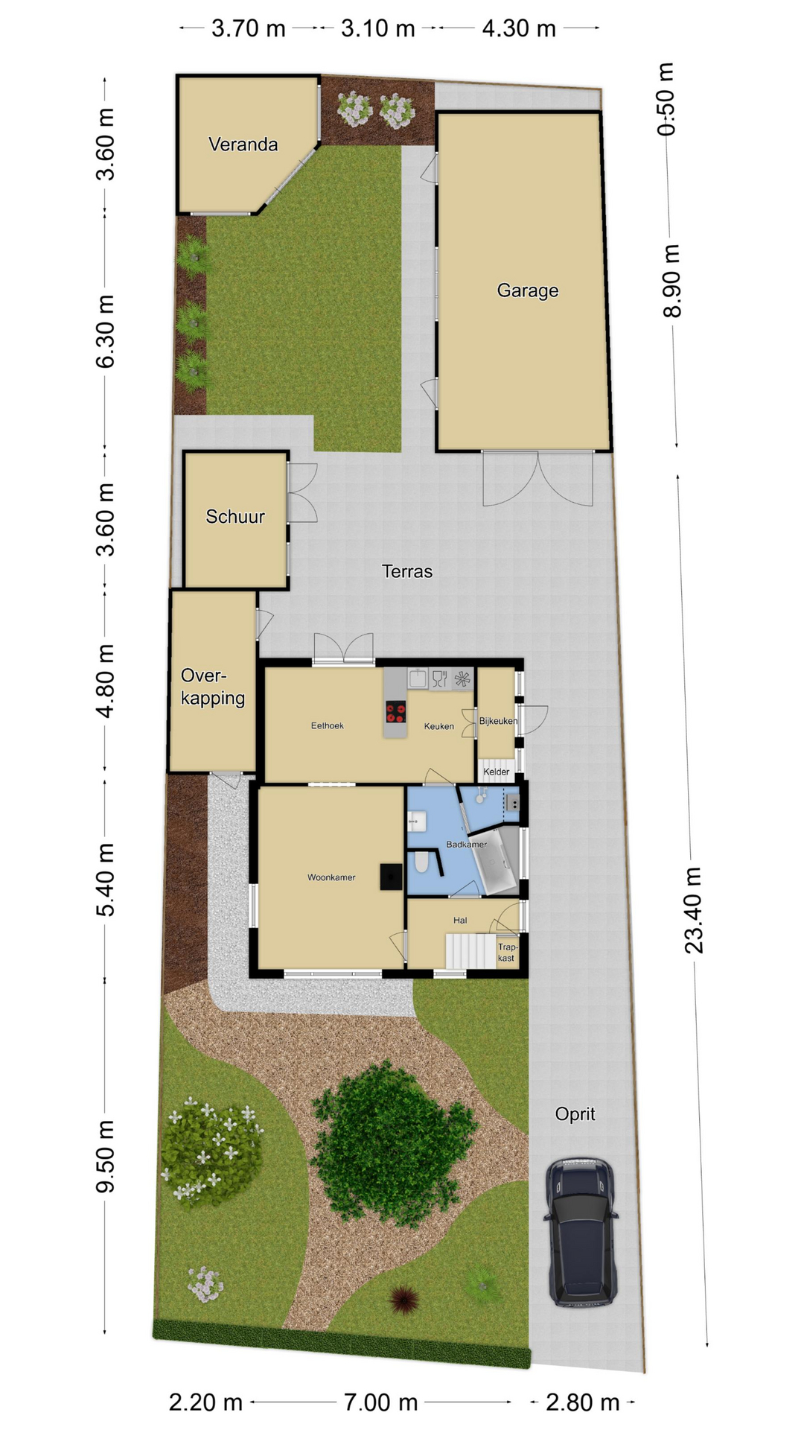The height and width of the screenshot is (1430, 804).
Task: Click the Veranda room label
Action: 243,144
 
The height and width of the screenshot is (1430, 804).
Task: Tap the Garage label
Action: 528,290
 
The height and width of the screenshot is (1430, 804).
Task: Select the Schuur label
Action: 235,516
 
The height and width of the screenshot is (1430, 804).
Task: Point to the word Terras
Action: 407,571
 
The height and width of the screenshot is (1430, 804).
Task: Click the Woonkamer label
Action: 331,877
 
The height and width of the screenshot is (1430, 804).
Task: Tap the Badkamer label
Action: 467,845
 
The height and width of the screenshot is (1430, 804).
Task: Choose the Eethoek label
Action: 328,725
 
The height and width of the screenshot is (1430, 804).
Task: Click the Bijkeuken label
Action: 498,721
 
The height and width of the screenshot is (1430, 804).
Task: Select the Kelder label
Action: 497,772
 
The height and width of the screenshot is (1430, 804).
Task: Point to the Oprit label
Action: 575,1114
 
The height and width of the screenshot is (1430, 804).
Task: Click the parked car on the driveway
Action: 581,1233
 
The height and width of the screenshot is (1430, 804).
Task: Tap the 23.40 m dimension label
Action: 694,910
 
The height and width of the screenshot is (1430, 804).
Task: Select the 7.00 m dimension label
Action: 380,1403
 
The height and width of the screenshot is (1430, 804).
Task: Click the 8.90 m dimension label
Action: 671,281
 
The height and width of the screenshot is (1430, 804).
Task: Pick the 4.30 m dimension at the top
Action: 519,28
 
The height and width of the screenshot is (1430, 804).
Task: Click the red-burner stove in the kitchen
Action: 395,713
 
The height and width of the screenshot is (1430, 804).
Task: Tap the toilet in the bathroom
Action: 421,862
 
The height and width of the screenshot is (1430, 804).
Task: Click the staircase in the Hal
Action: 470,952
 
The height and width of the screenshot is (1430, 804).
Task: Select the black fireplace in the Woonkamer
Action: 391,877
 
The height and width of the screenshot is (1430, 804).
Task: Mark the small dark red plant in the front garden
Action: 403,1300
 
